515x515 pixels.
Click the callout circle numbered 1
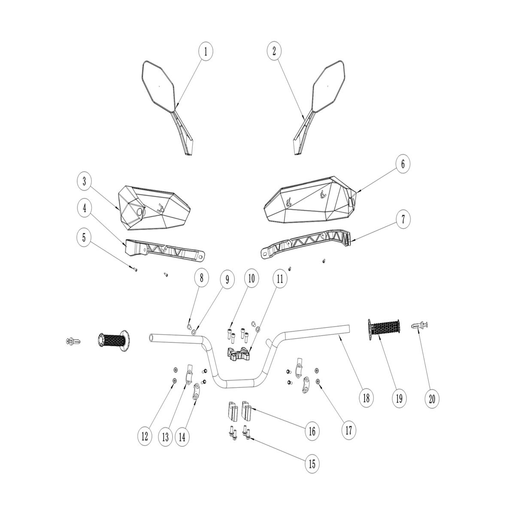[x=206, y=51]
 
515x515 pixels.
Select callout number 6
[x=403, y=164]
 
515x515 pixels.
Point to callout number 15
[x=312, y=464]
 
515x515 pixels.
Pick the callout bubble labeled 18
[x=367, y=398]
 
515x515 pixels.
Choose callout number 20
[x=432, y=399]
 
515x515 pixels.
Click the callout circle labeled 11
[x=280, y=279]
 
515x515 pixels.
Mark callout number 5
[x=84, y=237]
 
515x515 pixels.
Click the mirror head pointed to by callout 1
[x=158, y=85]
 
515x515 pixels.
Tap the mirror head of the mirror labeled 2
[x=328, y=85]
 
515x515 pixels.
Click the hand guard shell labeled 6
[x=310, y=200]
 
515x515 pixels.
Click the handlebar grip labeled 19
[x=384, y=330]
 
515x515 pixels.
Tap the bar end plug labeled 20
[x=419, y=325]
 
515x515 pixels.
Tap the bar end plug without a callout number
[x=73, y=341]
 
